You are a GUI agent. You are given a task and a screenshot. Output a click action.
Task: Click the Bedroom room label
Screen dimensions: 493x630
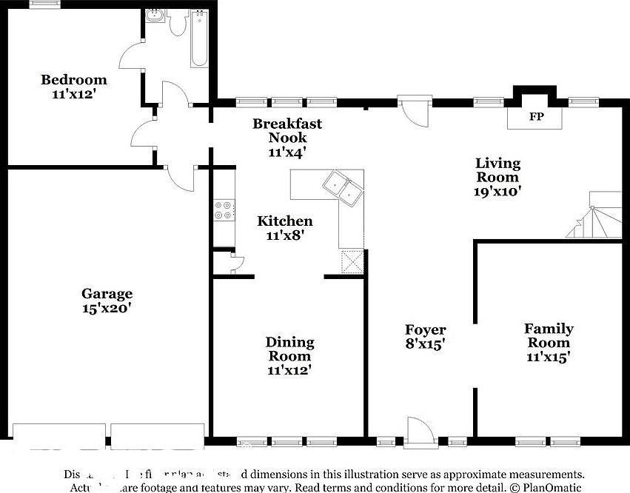point(73,80)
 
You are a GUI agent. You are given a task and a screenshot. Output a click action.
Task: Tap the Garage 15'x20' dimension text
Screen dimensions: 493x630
point(107,309)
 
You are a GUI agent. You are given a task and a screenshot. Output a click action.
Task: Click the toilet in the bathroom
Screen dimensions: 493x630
point(178,24)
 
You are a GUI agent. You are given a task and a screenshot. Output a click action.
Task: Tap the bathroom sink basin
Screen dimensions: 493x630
point(155,16)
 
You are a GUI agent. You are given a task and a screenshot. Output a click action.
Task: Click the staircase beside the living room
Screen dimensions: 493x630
point(596,216)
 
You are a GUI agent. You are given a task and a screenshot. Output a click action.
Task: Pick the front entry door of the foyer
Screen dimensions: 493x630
point(416,432)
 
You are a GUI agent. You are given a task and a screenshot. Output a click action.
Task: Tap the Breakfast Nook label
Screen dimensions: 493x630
point(287,130)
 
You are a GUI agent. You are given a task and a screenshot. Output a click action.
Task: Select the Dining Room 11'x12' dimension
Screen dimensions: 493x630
point(289,370)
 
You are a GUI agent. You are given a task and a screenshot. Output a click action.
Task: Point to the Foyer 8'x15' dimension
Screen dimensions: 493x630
point(425,344)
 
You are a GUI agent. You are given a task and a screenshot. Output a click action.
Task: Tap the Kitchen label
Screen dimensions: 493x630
point(285,221)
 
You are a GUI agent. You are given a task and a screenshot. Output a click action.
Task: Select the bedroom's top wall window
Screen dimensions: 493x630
point(44,4)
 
